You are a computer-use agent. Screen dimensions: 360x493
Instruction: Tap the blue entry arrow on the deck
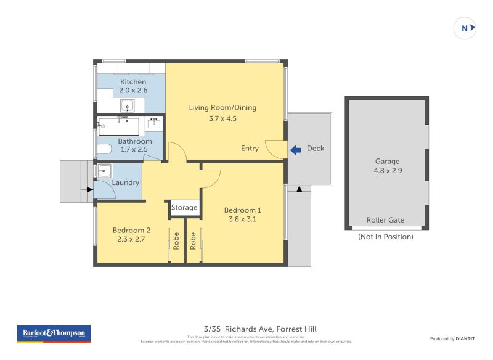click(296, 149)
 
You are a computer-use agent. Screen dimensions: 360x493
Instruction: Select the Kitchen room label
click(133, 81)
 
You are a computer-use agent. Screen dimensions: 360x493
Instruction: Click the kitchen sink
click(128, 105)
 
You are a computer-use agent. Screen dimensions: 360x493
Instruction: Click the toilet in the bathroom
click(105, 149)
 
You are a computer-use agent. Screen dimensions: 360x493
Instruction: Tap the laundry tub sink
click(104, 170)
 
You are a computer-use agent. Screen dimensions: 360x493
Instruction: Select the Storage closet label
click(184, 208)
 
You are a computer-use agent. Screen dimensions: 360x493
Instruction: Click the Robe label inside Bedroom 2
click(176, 240)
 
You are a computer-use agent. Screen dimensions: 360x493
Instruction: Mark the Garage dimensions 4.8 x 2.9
click(388, 171)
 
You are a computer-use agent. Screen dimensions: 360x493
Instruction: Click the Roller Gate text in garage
click(385, 220)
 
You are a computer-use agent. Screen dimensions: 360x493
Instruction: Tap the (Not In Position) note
click(386, 237)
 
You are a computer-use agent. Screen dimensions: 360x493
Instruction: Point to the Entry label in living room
click(250, 149)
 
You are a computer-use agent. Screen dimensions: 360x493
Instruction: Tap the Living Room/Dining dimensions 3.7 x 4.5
click(222, 118)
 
